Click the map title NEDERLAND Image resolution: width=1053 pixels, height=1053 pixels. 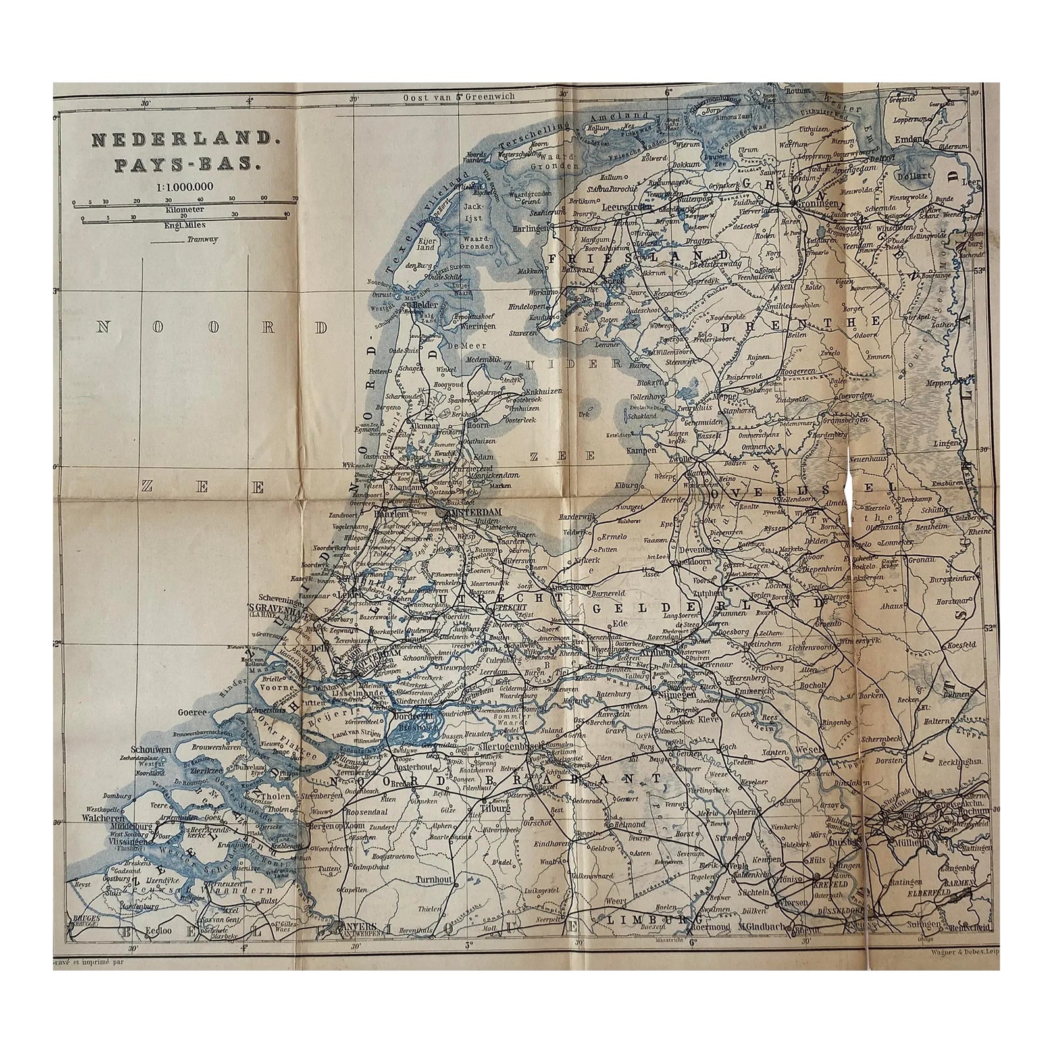[175, 140]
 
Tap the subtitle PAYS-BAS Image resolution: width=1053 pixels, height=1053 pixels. [175, 163]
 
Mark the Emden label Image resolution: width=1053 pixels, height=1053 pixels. [909, 139]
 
